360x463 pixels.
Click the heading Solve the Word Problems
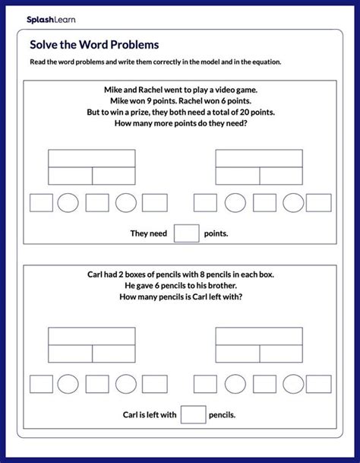pos(89,44)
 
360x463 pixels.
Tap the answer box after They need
pos(186,233)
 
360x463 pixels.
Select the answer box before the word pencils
pos(194,414)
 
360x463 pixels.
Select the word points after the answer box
pos(216,234)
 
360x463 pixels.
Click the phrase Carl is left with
pos(150,415)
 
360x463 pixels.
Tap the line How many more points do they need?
pos(179,124)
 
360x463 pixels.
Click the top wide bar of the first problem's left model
pos(92,158)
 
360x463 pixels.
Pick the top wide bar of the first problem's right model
pos(259,158)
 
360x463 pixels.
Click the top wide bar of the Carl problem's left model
pos(92,336)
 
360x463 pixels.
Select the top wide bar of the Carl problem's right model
pos(259,336)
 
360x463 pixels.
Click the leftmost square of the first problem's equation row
pos(41,203)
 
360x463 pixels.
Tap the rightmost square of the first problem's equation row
pos(318,203)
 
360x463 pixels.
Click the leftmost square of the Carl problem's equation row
pos(41,382)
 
